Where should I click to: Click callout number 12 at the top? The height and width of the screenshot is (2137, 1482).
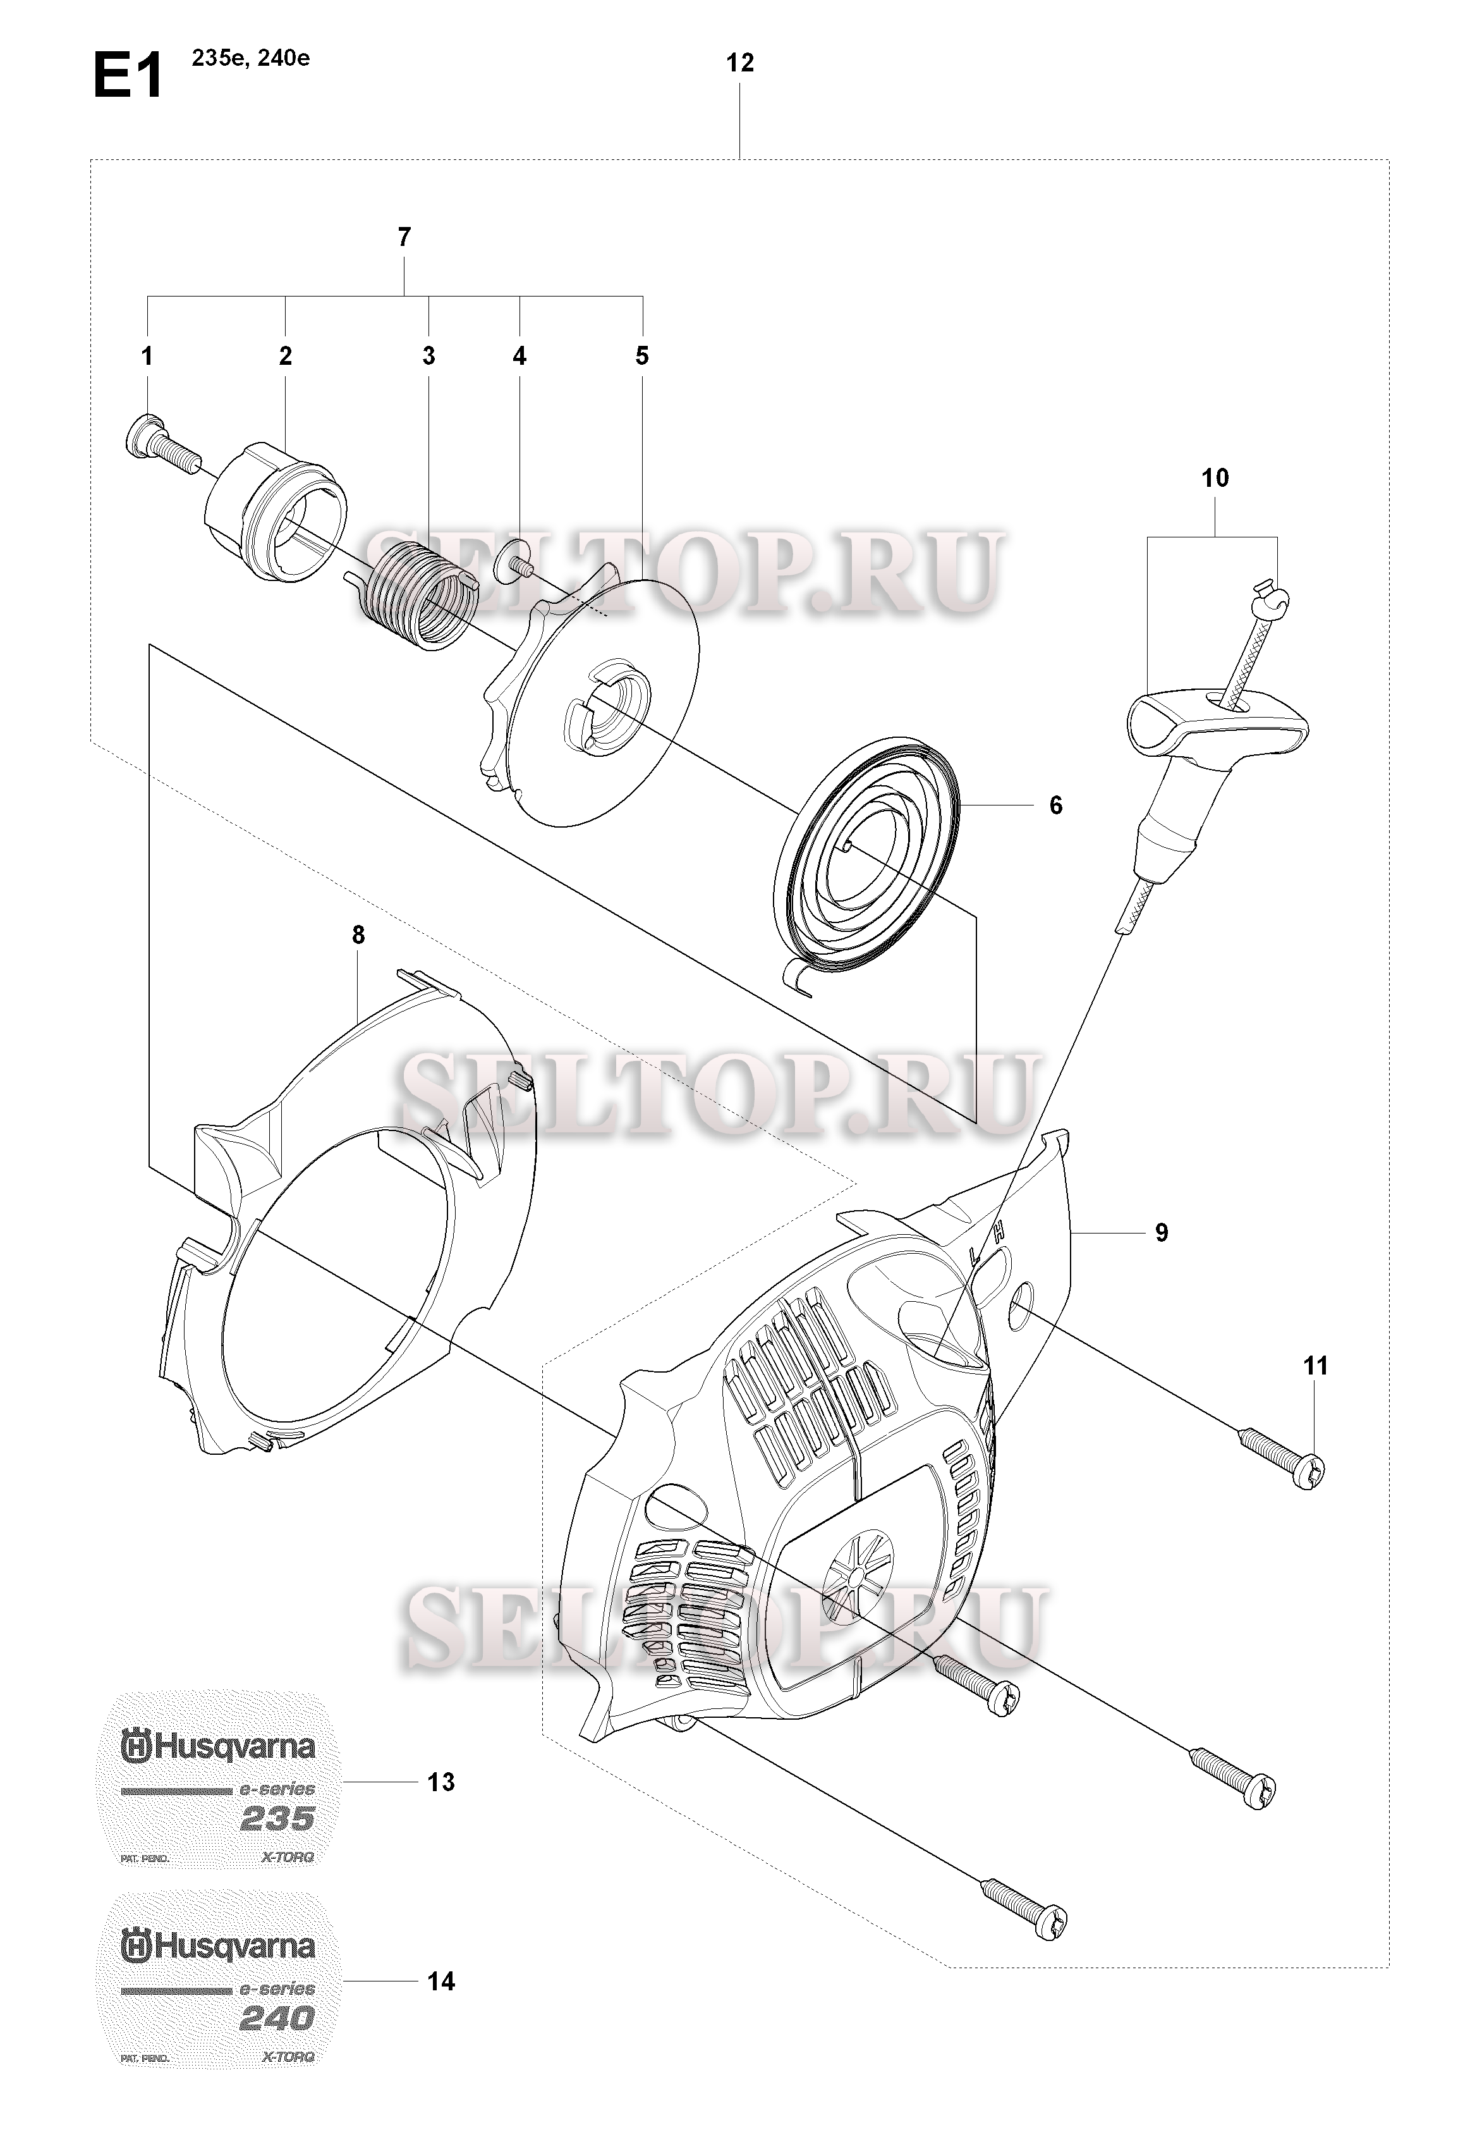(740, 63)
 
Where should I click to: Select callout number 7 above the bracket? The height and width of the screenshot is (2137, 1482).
(404, 238)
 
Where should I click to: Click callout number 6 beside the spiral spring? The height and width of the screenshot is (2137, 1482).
(1056, 805)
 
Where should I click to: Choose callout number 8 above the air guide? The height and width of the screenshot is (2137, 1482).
(358, 936)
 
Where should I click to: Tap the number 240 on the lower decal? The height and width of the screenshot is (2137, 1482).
(277, 2018)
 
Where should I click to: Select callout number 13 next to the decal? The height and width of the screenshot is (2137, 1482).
(441, 1782)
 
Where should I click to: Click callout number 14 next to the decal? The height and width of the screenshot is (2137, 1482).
(441, 1982)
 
